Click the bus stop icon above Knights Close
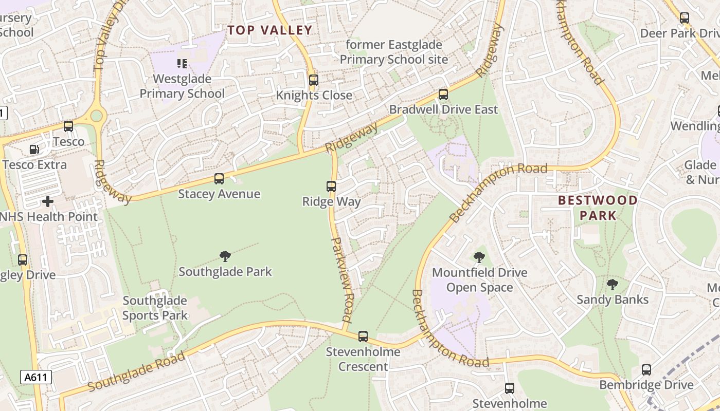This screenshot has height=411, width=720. click(x=313, y=80)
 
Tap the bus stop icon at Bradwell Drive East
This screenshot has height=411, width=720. click(x=443, y=95)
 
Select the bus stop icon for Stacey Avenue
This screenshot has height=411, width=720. click(x=219, y=179)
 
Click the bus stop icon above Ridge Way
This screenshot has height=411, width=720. click(x=331, y=186)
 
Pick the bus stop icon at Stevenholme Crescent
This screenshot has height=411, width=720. click(x=363, y=337)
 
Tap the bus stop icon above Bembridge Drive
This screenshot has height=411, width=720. click(x=646, y=370)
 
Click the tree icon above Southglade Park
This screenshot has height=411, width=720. click(x=225, y=256)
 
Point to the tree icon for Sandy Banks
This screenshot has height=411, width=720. click(x=612, y=284)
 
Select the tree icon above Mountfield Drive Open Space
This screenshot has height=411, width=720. click(x=479, y=257)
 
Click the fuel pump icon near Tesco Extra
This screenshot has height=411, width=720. click(x=34, y=150)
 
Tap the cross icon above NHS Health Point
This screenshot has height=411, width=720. click(x=48, y=201)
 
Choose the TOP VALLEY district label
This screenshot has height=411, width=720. click(x=270, y=30)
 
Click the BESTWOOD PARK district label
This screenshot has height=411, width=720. click(x=598, y=208)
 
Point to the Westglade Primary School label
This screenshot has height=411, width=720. click(x=182, y=86)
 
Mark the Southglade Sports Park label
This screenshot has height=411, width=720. click(x=155, y=308)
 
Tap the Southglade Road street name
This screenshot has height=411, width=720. click(x=136, y=371)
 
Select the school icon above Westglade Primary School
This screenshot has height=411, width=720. click(x=182, y=64)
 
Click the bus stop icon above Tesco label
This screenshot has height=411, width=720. click(x=68, y=126)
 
